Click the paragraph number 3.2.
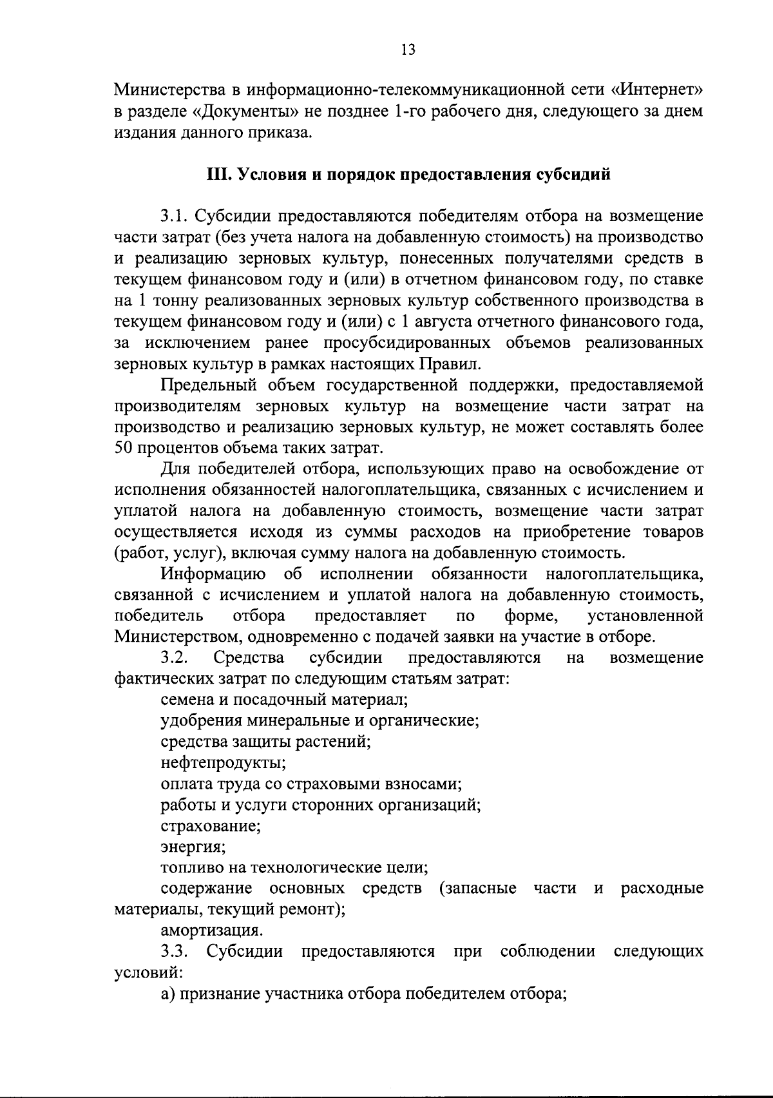coord(174,658)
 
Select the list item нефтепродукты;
coord(224,763)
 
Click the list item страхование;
coord(211,825)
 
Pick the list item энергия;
coord(193,847)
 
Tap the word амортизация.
coord(211,930)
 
